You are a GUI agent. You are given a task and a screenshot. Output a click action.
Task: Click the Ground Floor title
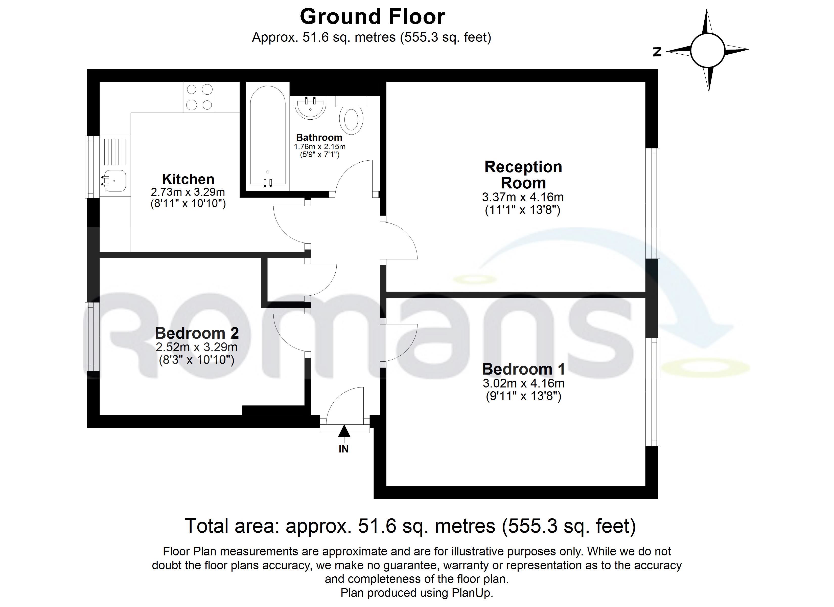(x=373, y=17)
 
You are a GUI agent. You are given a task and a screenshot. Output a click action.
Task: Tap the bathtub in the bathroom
(x=268, y=136)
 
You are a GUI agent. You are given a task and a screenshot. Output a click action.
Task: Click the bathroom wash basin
(x=310, y=107)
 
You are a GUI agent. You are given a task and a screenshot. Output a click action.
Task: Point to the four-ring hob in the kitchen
(x=199, y=97)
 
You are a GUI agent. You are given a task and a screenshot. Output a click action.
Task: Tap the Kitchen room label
(x=188, y=179)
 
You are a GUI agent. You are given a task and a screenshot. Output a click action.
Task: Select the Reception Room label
(x=523, y=175)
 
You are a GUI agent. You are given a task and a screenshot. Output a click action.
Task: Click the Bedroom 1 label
(x=523, y=369)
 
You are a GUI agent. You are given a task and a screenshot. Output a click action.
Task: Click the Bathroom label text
(x=319, y=138)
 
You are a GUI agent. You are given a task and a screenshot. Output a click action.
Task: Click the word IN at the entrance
(x=343, y=449)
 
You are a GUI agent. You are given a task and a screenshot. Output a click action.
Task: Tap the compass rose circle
(x=707, y=50)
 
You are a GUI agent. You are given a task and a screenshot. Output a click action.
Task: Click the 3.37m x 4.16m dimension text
(x=523, y=197)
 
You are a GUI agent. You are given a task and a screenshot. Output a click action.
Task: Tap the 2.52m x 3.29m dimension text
(x=196, y=347)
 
